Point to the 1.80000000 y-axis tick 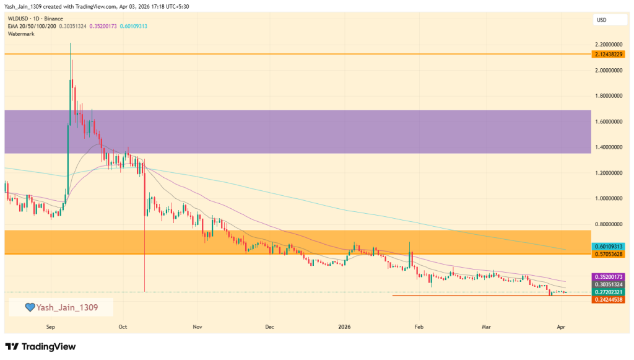[607, 96]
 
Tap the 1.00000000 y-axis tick [607, 198]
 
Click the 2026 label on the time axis [344, 325]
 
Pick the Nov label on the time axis [197, 325]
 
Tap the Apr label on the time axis [560, 325]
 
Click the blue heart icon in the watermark [29, 307]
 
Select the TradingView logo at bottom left [40, 346]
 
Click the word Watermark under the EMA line [21, 33]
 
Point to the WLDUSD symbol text [19, 19]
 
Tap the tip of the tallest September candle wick [70, 43]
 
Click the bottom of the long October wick [144, 292]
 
